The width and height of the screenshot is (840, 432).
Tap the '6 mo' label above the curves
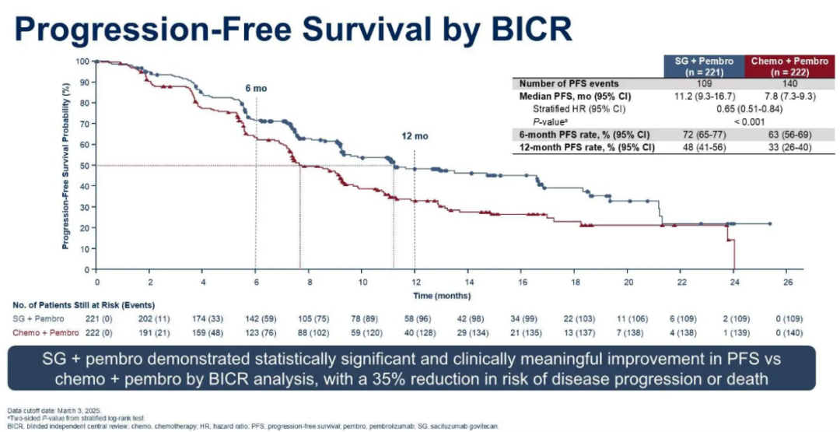(256, 88)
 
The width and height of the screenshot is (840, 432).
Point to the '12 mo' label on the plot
(415, 136)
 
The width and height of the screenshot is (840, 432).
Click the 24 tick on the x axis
(734, 281)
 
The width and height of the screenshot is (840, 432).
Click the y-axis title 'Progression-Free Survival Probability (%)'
(67, 166)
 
